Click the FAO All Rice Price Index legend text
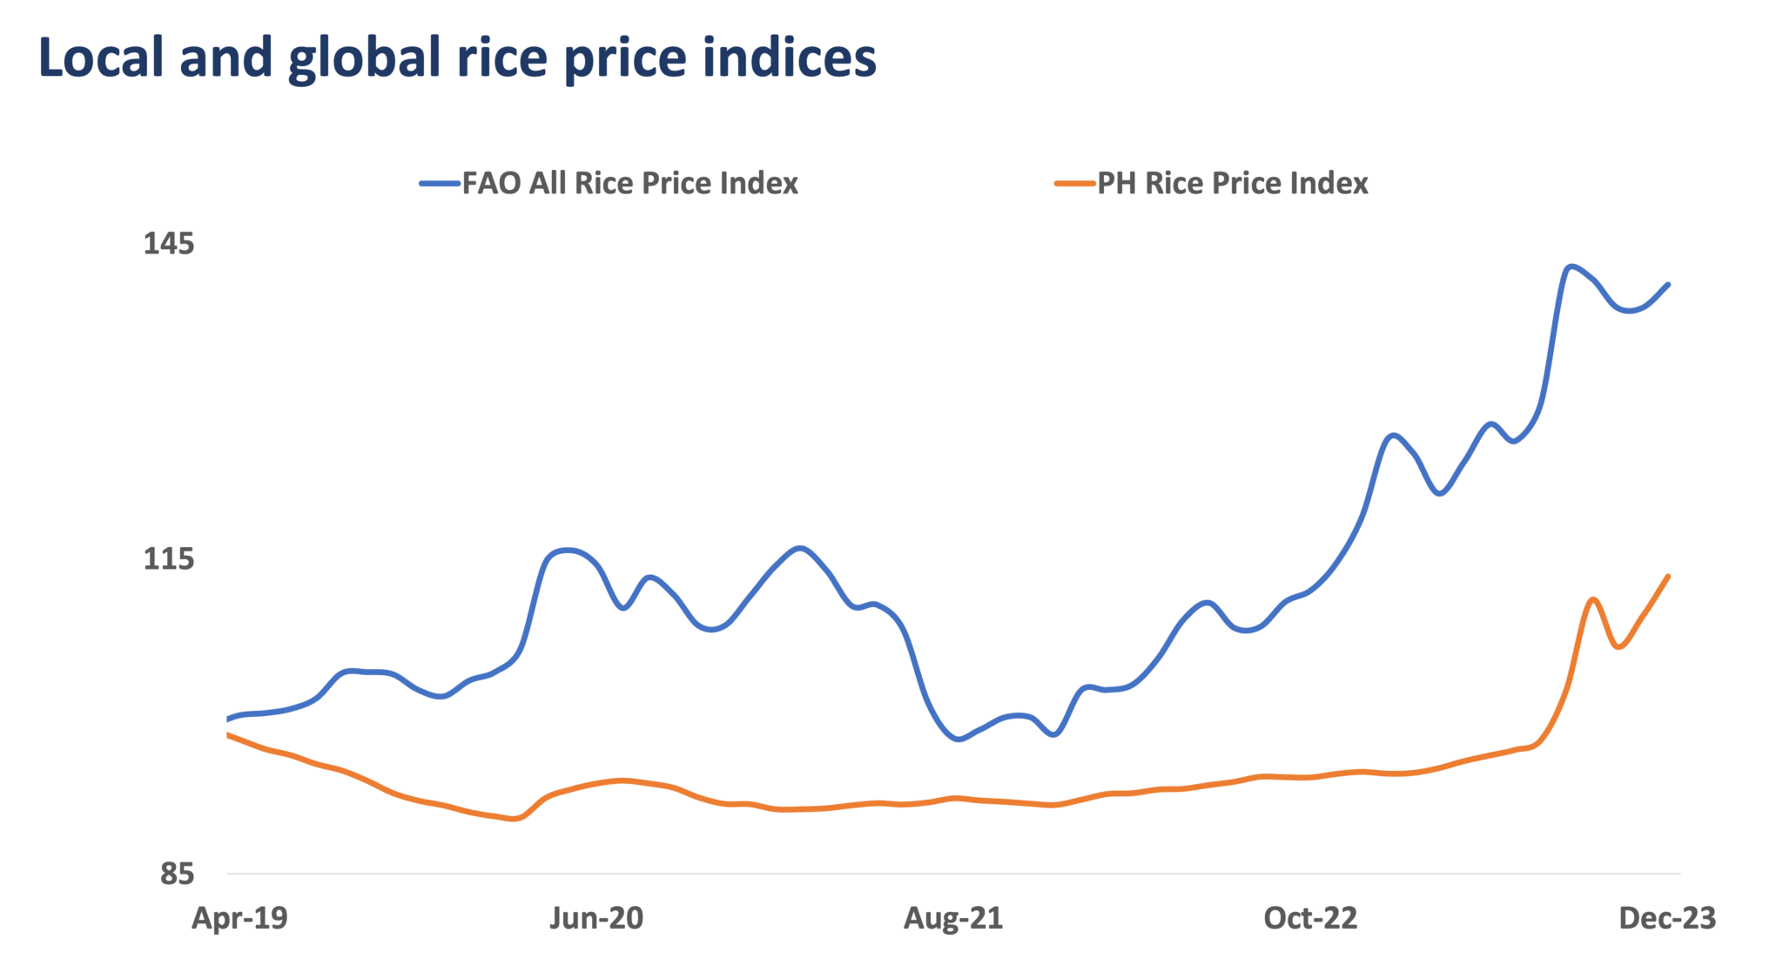point(629,184)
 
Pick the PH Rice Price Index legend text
point(1233,184)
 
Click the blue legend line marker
point(439,184)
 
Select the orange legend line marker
point(1074,184)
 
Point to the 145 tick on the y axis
point(169,244)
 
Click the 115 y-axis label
point(169,558)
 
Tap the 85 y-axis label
point(177,873)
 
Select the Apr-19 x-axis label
point(239,918)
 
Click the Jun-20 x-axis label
point(596,918)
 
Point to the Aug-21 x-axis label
point(953,918)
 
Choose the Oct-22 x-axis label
point(1310,918)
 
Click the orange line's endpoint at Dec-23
point(1668,576)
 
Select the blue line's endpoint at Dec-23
point(1668,284)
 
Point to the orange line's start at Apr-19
point(228,734)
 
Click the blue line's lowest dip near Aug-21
point(959,740)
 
